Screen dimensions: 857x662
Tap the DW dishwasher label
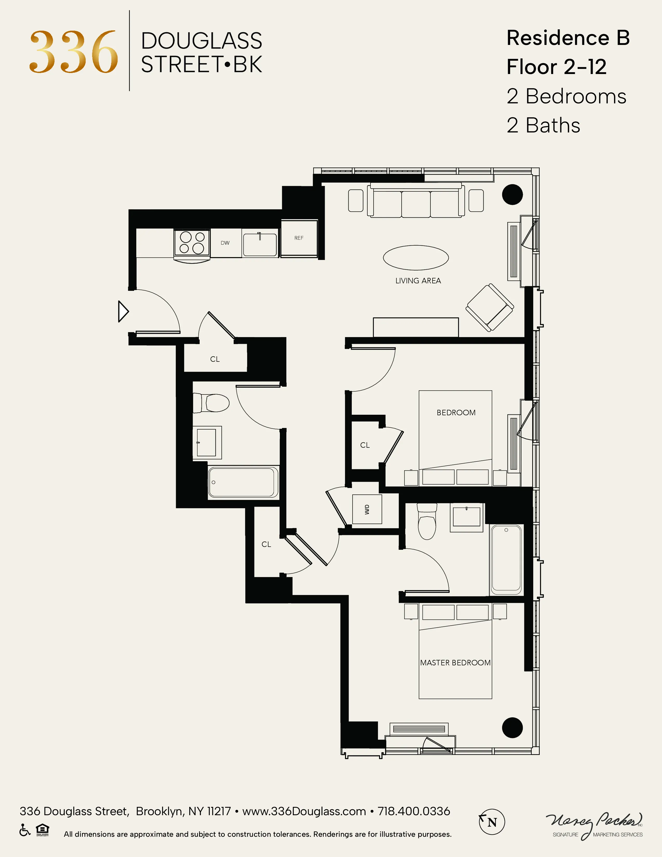pos(225,243)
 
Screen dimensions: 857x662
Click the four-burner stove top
pos(192,243)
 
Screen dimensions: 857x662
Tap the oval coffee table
pos(416,258)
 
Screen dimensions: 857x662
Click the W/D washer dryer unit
pos(367,509)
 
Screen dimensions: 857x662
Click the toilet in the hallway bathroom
pos(212,403)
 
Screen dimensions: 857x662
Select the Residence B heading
pos(568,38)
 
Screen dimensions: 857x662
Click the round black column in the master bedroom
pos(512,727)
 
